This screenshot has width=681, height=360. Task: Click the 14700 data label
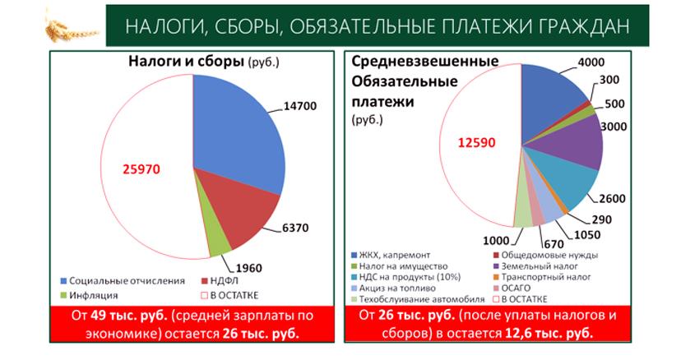(x=299, y=106)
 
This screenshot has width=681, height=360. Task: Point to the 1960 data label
(x=250, y=269)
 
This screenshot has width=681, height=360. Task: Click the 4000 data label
(x=591, y=62)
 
